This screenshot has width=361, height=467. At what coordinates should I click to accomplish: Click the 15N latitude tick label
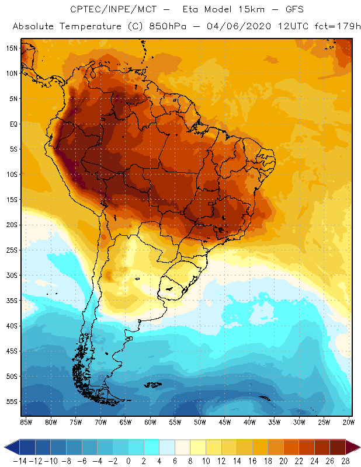pyautogui.click(x=12, y=48)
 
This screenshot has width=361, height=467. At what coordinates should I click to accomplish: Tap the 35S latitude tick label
pyautogui.click(x=12, y=301)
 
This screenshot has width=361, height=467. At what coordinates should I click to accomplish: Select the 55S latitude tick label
pyautogui.click(x=12, y=402)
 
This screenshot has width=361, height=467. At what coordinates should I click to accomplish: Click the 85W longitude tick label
pyautogui.click(x=26, y=421)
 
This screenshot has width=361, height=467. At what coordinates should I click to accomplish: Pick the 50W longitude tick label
pyautogui.click(x=200, y=421)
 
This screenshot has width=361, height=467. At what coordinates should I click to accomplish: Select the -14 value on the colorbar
pyautogui.click(x=20, y=461)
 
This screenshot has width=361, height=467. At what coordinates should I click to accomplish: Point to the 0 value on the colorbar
pyautogui.click(x=129, y=461)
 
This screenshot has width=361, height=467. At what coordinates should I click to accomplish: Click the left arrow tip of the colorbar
pyautogui.click(x=5, y=447)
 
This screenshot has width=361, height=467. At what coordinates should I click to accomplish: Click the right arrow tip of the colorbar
pyautogui.click(x=357, y=447)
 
